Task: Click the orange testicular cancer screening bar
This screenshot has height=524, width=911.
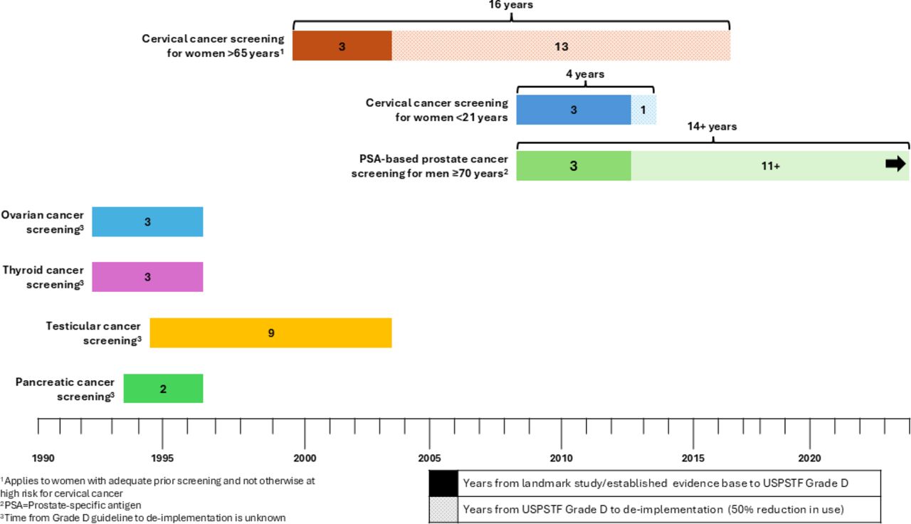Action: (x=271, y=332)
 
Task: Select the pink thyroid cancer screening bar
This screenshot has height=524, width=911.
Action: (x=147, y=277)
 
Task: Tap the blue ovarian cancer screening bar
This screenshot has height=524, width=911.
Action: (x=147, y=221)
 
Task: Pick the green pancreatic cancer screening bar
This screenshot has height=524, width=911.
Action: (x=164, y=389)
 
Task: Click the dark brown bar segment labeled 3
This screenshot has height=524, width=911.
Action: (x=342, y=46)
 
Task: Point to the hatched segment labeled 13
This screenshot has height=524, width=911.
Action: (x=562, y=46)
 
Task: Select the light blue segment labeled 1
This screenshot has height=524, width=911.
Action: (x=643, y=110)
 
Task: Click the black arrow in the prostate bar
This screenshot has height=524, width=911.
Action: (x=895, y=164)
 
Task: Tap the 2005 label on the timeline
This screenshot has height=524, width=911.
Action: (x=429, y=458)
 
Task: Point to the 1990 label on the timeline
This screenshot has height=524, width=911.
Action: (x=43, y=458)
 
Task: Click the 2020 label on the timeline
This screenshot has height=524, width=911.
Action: (x=809, y=458)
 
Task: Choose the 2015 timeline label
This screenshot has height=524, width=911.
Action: (x=693, y=458)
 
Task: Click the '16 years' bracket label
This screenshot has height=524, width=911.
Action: (x=511, y=5)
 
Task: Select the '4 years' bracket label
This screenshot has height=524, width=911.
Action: (x=585, y=74)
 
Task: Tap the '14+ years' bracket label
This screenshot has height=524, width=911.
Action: (x=712, y=127)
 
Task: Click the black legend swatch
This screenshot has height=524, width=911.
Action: (x=443, y=483)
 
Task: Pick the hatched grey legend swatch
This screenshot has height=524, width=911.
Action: (x=443, y=509)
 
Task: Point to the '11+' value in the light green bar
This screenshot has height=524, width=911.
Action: (x=771, y=166)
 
